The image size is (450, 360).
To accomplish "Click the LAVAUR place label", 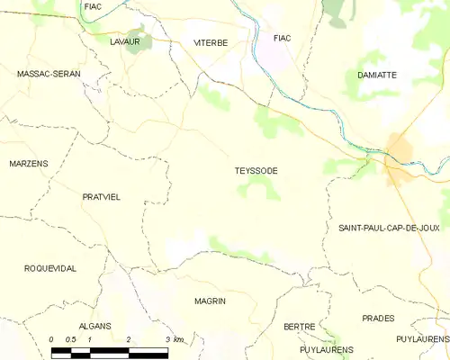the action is [124, 41].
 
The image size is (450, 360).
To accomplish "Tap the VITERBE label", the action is [211, 42].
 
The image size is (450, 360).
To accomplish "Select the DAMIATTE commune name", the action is [376, 76].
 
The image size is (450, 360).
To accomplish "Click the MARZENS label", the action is [29, 163].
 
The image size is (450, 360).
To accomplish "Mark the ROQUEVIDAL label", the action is [50, 268].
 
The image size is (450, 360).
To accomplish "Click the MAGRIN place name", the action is [210, 301].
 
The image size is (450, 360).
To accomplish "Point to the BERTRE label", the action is [299, 326].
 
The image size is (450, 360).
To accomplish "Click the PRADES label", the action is [378, 319].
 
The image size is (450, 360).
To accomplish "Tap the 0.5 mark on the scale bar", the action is [71, 338].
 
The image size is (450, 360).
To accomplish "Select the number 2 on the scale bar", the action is [130, 338].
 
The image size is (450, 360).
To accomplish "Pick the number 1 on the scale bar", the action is [90, 338].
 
